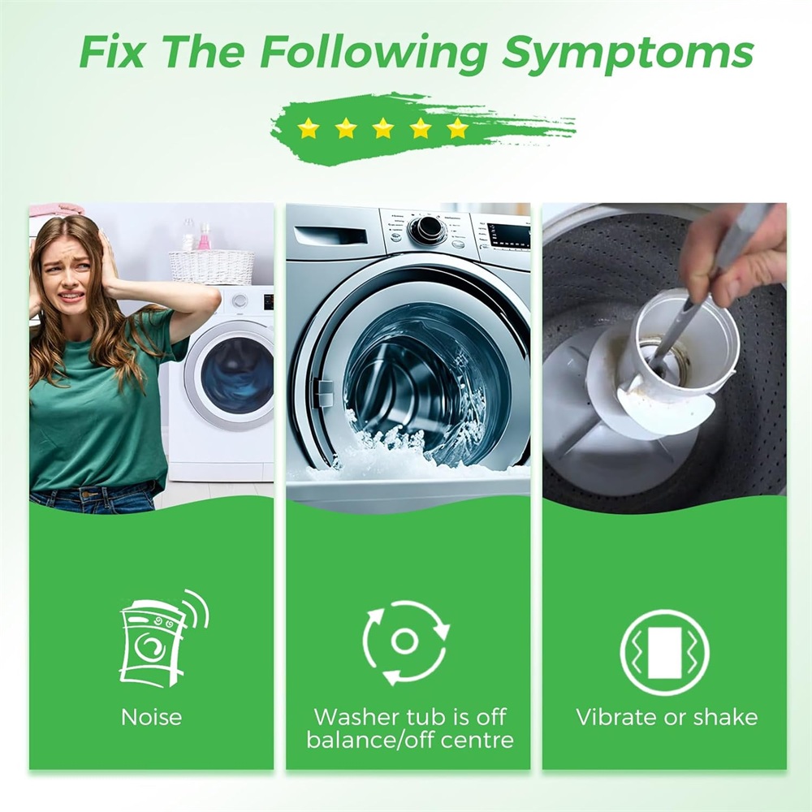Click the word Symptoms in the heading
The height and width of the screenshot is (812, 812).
tap(628, 54)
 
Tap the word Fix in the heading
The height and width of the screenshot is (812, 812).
tap(110, 51)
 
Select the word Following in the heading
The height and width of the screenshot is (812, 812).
tap(374, 54)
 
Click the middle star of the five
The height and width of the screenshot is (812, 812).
tap(383, 128)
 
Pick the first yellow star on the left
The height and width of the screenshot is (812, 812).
tap(309, 128)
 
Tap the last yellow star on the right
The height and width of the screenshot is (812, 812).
tap(458, 128)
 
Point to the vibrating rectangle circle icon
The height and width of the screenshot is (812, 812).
tap(664, 651)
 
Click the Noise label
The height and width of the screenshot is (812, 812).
tap(151, 717)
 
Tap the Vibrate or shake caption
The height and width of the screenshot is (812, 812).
tap(667, 717)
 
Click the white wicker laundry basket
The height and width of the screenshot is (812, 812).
tap(212, 266)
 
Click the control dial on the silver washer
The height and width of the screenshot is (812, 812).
tap(428, 228)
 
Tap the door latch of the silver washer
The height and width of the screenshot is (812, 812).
tap(322, 392)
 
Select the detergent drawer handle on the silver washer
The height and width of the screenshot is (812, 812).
tap(330, 236)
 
